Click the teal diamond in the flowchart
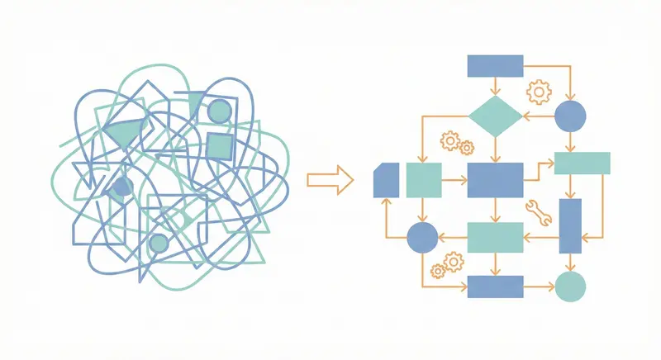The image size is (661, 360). coord(495,116)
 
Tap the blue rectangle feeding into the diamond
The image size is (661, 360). coord(495,65)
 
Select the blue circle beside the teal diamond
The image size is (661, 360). coord(570,116)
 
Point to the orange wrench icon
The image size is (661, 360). coord(538,211)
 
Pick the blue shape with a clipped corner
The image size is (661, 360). coord(386,179)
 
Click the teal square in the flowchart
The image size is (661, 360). coord(424,179)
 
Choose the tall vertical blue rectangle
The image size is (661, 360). coord(570,225)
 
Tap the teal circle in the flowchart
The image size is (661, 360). coord(570,287)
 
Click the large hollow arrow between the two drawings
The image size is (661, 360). coord(329,180)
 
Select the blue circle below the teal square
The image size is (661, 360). coord(422,238)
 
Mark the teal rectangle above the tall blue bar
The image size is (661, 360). coord(582,163)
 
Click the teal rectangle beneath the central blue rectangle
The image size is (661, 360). coord(495,238)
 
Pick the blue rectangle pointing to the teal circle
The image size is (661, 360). coord(495,287)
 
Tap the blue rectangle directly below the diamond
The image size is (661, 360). coord(495,179)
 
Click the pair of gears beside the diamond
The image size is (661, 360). coord(457,144)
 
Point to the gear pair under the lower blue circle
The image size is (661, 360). coord(448,265)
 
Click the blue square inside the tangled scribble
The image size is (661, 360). coord(218,148)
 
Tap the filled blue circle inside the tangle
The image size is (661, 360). coord(121,187)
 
